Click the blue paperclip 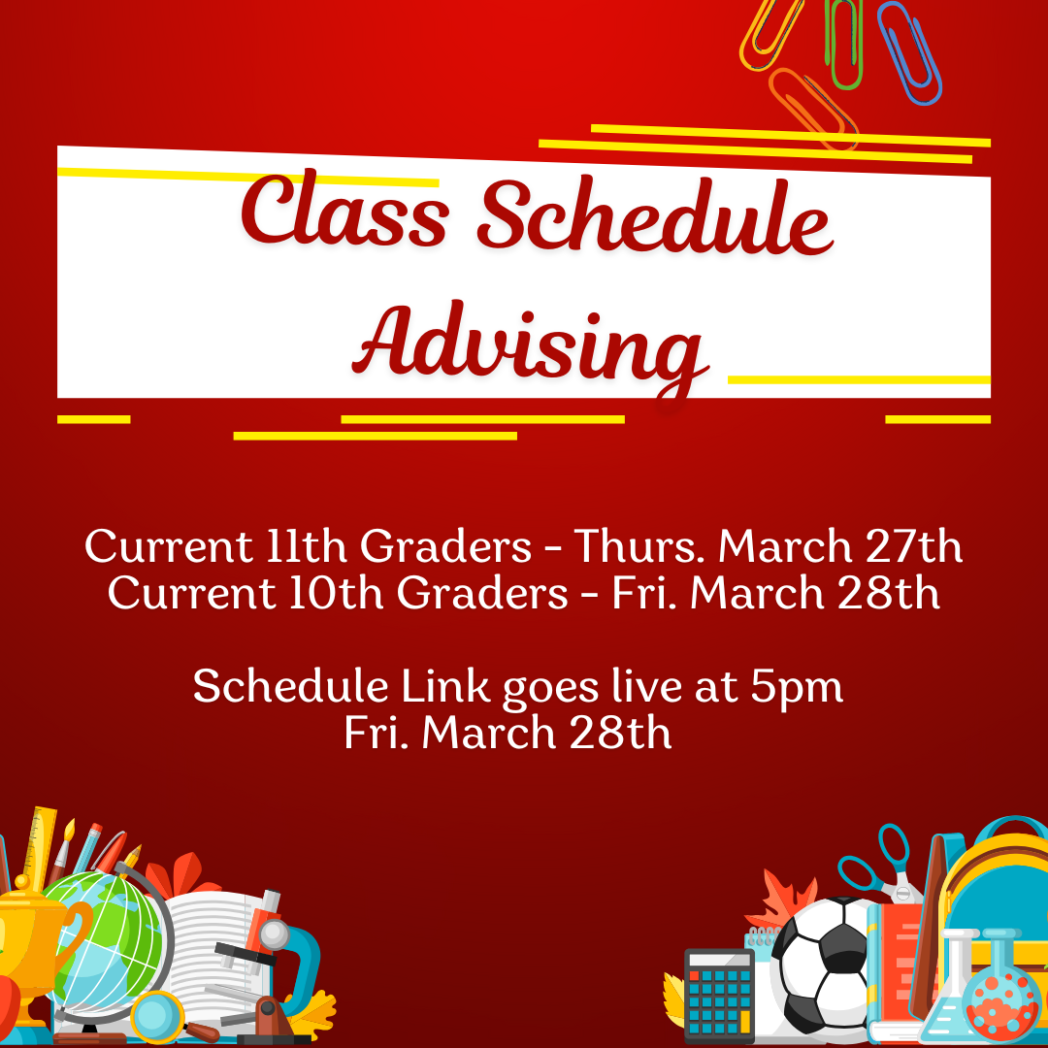909,52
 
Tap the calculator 719,996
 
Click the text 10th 336,593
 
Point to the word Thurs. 640,546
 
